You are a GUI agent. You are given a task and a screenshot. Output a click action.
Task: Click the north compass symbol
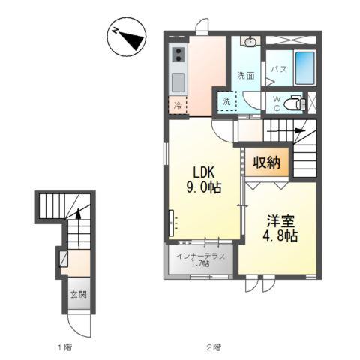tap(127, 37)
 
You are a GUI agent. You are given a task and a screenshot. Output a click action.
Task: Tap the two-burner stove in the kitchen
tap(178, 55)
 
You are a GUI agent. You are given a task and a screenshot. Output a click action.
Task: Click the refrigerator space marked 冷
tap(178, 105)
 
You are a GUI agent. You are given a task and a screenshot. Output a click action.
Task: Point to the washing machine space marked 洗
tap(226, 101)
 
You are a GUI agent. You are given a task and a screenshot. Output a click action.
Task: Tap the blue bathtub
tap(305, 67)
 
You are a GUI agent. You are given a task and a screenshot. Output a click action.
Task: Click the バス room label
tap(279, 69)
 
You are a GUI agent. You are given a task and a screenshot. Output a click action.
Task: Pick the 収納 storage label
tap(266, 163)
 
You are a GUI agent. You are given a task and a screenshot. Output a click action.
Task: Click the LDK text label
tap(203, 173)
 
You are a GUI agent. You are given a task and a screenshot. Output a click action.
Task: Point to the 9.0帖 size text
tap(204, 187)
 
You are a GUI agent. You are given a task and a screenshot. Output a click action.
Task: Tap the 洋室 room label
tap(280, 221)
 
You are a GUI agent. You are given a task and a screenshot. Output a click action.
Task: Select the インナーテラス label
tap(201, 256)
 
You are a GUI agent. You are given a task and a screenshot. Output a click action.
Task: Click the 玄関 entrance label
tap(79, 295)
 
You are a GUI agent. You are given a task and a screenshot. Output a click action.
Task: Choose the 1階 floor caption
tap(64, 347)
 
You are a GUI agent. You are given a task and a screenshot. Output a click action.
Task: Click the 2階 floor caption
tap(214, 347)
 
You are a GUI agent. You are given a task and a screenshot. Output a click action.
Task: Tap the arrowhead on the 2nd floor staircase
tap(300, 130)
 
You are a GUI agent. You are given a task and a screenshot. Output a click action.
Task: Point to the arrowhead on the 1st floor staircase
tap(78, 214)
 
